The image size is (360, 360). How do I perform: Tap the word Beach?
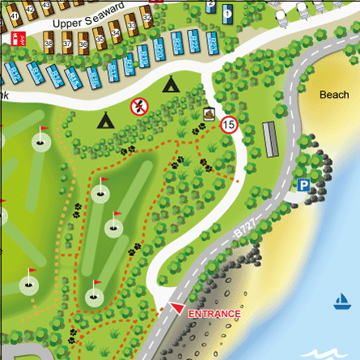334,95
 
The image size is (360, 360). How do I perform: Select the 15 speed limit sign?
228,125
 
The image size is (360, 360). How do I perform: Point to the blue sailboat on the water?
341,303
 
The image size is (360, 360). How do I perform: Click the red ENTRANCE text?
214,314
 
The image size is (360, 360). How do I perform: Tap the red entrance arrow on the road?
175,308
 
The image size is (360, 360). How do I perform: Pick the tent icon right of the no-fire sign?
171,83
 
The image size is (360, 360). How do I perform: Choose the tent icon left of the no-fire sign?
105,121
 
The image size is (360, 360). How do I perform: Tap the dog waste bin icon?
209,114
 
